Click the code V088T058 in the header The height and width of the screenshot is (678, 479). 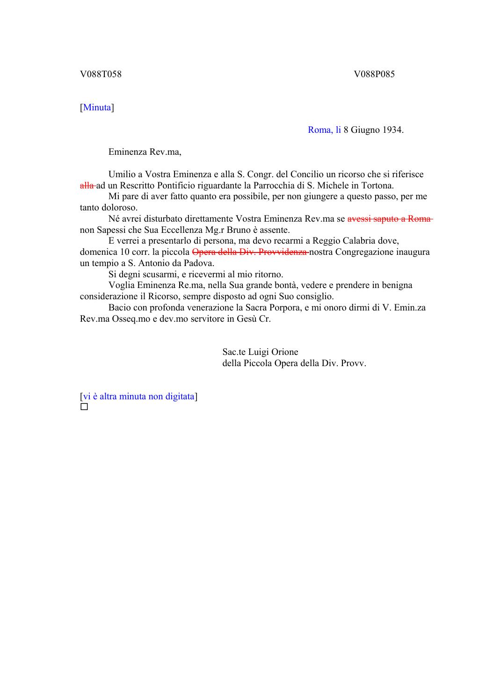pyautogui.click(x=101, y=74)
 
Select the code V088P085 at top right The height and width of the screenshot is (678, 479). pyautogui.click(x=374, y=74)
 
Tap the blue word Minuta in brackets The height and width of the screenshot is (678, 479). pyautogui.click(x=97, y=108)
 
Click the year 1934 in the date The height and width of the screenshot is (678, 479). pyautogui.click(x=392, y=130)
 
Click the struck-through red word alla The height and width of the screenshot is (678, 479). pyautogui.click(x=87, y=186)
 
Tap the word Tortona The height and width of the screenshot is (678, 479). pyautogui.click(x=377, y=186)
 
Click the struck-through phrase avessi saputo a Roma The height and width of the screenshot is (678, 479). pyautogui.click(x=389, y=219)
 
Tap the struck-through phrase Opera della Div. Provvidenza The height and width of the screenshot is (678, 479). pyautogui.click(x=249, y=252)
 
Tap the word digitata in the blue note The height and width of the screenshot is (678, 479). pyautogui.click(x=179, y=397)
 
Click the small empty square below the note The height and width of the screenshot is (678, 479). pyautogui.click(x=84, y=407)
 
